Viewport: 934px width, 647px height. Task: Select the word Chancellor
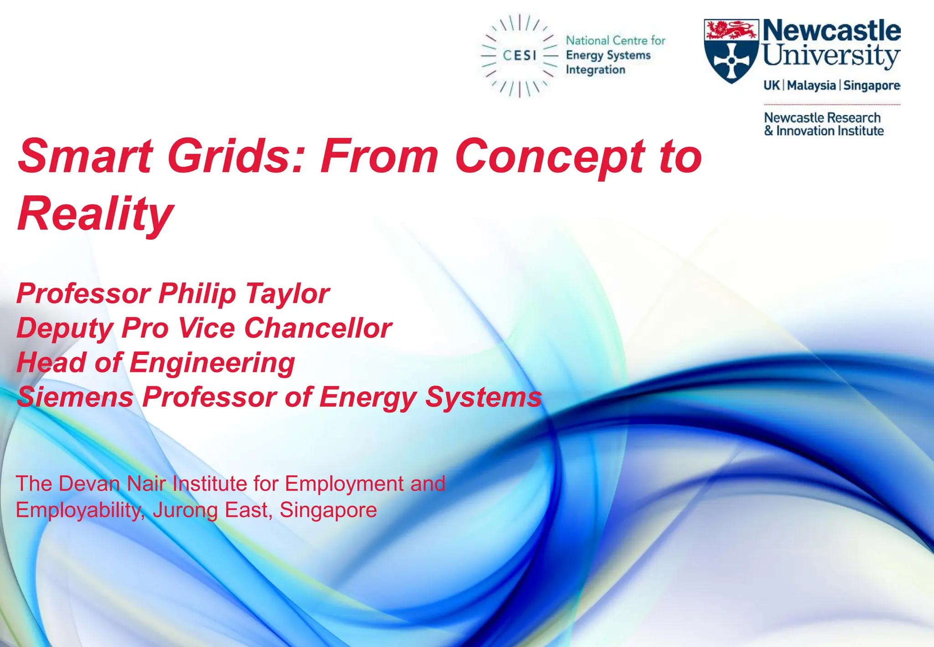point(318,328)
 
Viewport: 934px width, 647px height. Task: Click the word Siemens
point(75,397)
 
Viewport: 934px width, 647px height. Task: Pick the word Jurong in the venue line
point(185,511)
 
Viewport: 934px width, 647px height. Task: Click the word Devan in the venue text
point(89,484)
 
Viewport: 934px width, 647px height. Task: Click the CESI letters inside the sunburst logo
point(519,56)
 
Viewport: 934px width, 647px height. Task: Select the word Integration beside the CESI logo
point(595,70)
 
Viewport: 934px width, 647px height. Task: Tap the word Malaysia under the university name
point(811,85)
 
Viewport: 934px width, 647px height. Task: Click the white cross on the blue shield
point(731,61)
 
